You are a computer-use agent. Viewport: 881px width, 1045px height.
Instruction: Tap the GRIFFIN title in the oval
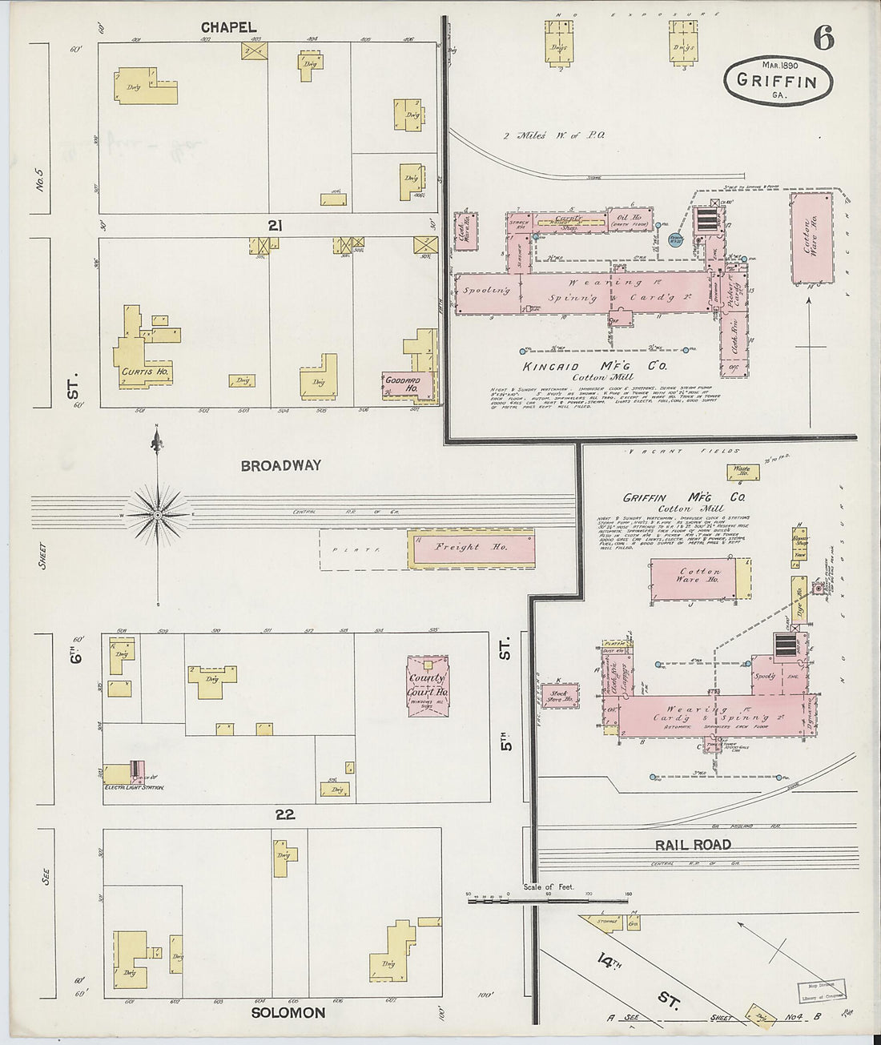[777, 81]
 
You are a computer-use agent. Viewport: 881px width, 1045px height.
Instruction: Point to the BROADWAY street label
[280, 465]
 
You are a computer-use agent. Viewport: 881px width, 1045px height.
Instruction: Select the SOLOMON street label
[288, 1013]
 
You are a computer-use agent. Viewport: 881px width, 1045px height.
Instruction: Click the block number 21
[276, 227]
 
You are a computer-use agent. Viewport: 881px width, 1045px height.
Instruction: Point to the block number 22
[285, 814]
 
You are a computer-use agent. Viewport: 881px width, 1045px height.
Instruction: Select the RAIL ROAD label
[693, 845]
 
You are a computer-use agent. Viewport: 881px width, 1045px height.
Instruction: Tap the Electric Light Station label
[134, 788]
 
